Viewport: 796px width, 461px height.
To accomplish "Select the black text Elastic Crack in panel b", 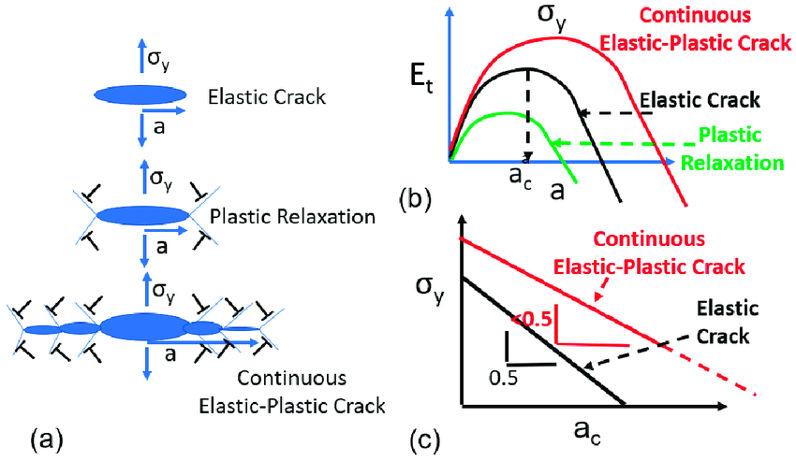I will (701, 99).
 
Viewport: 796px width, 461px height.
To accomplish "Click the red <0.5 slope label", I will (531, 317).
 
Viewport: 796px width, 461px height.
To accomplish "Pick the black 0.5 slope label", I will (505, 378).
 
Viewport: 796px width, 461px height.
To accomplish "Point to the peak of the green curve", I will (504, 113).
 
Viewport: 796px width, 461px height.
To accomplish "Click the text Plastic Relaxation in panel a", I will (293, 217).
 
